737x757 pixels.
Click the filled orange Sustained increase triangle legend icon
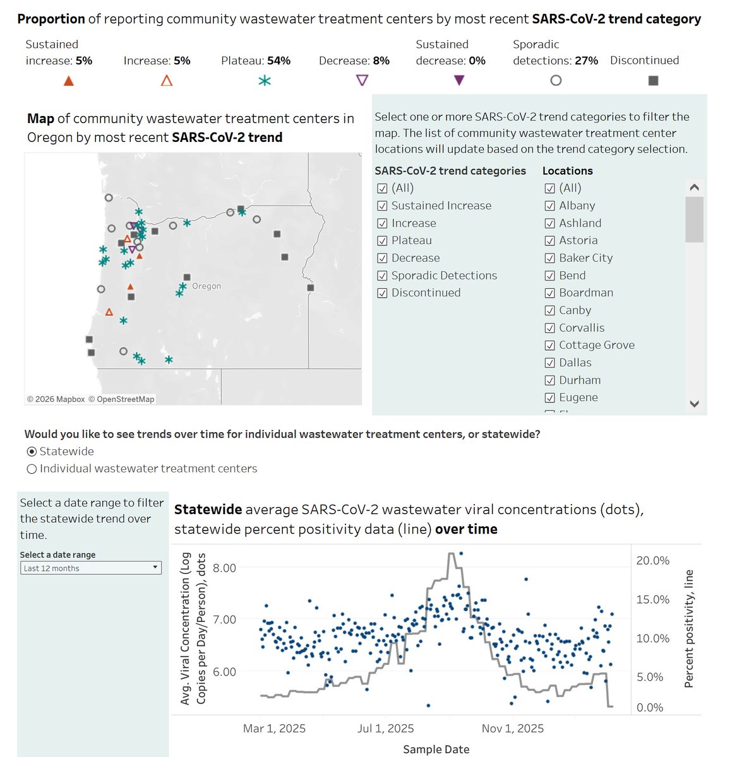pyautogui.click(x=69, y=81)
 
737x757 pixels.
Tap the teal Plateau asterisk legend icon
pyautogui.click(x=265, y=81)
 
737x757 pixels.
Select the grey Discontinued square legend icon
pyautogui.click(x=654, y=81)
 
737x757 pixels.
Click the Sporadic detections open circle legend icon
pyautogui.click(x=556, y=81)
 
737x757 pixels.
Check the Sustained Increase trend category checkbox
pyautogui.click(x=382, y=206)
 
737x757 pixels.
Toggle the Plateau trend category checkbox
pyautogui.click(x=382, y=240)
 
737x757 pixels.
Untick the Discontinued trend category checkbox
pyautogui.click(x=382, y=293)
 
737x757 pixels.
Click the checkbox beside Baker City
pyautogui.click(x=549, y=258)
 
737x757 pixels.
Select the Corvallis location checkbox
pyautogui.click(x=549, y=328)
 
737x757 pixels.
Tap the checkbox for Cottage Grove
pyautogui.click(x=549, y=345)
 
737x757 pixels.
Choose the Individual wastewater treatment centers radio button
pyautogui.click(x=32, y=469)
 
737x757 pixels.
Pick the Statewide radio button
pyautogui.click(x=32, y=452)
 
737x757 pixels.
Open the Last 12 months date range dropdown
pyautogui.click(x=90, y=568)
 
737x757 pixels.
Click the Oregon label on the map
pyautogui.click(x=207, y=286)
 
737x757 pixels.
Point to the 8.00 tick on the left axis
pyautogui.click(x=224, y=568)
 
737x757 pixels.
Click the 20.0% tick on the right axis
pyautogui.click(x=652, y=561)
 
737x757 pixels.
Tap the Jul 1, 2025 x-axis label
pyautogui.click(x=385, y=729)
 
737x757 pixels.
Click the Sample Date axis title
pyautogui.click(x=436, y=749)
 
